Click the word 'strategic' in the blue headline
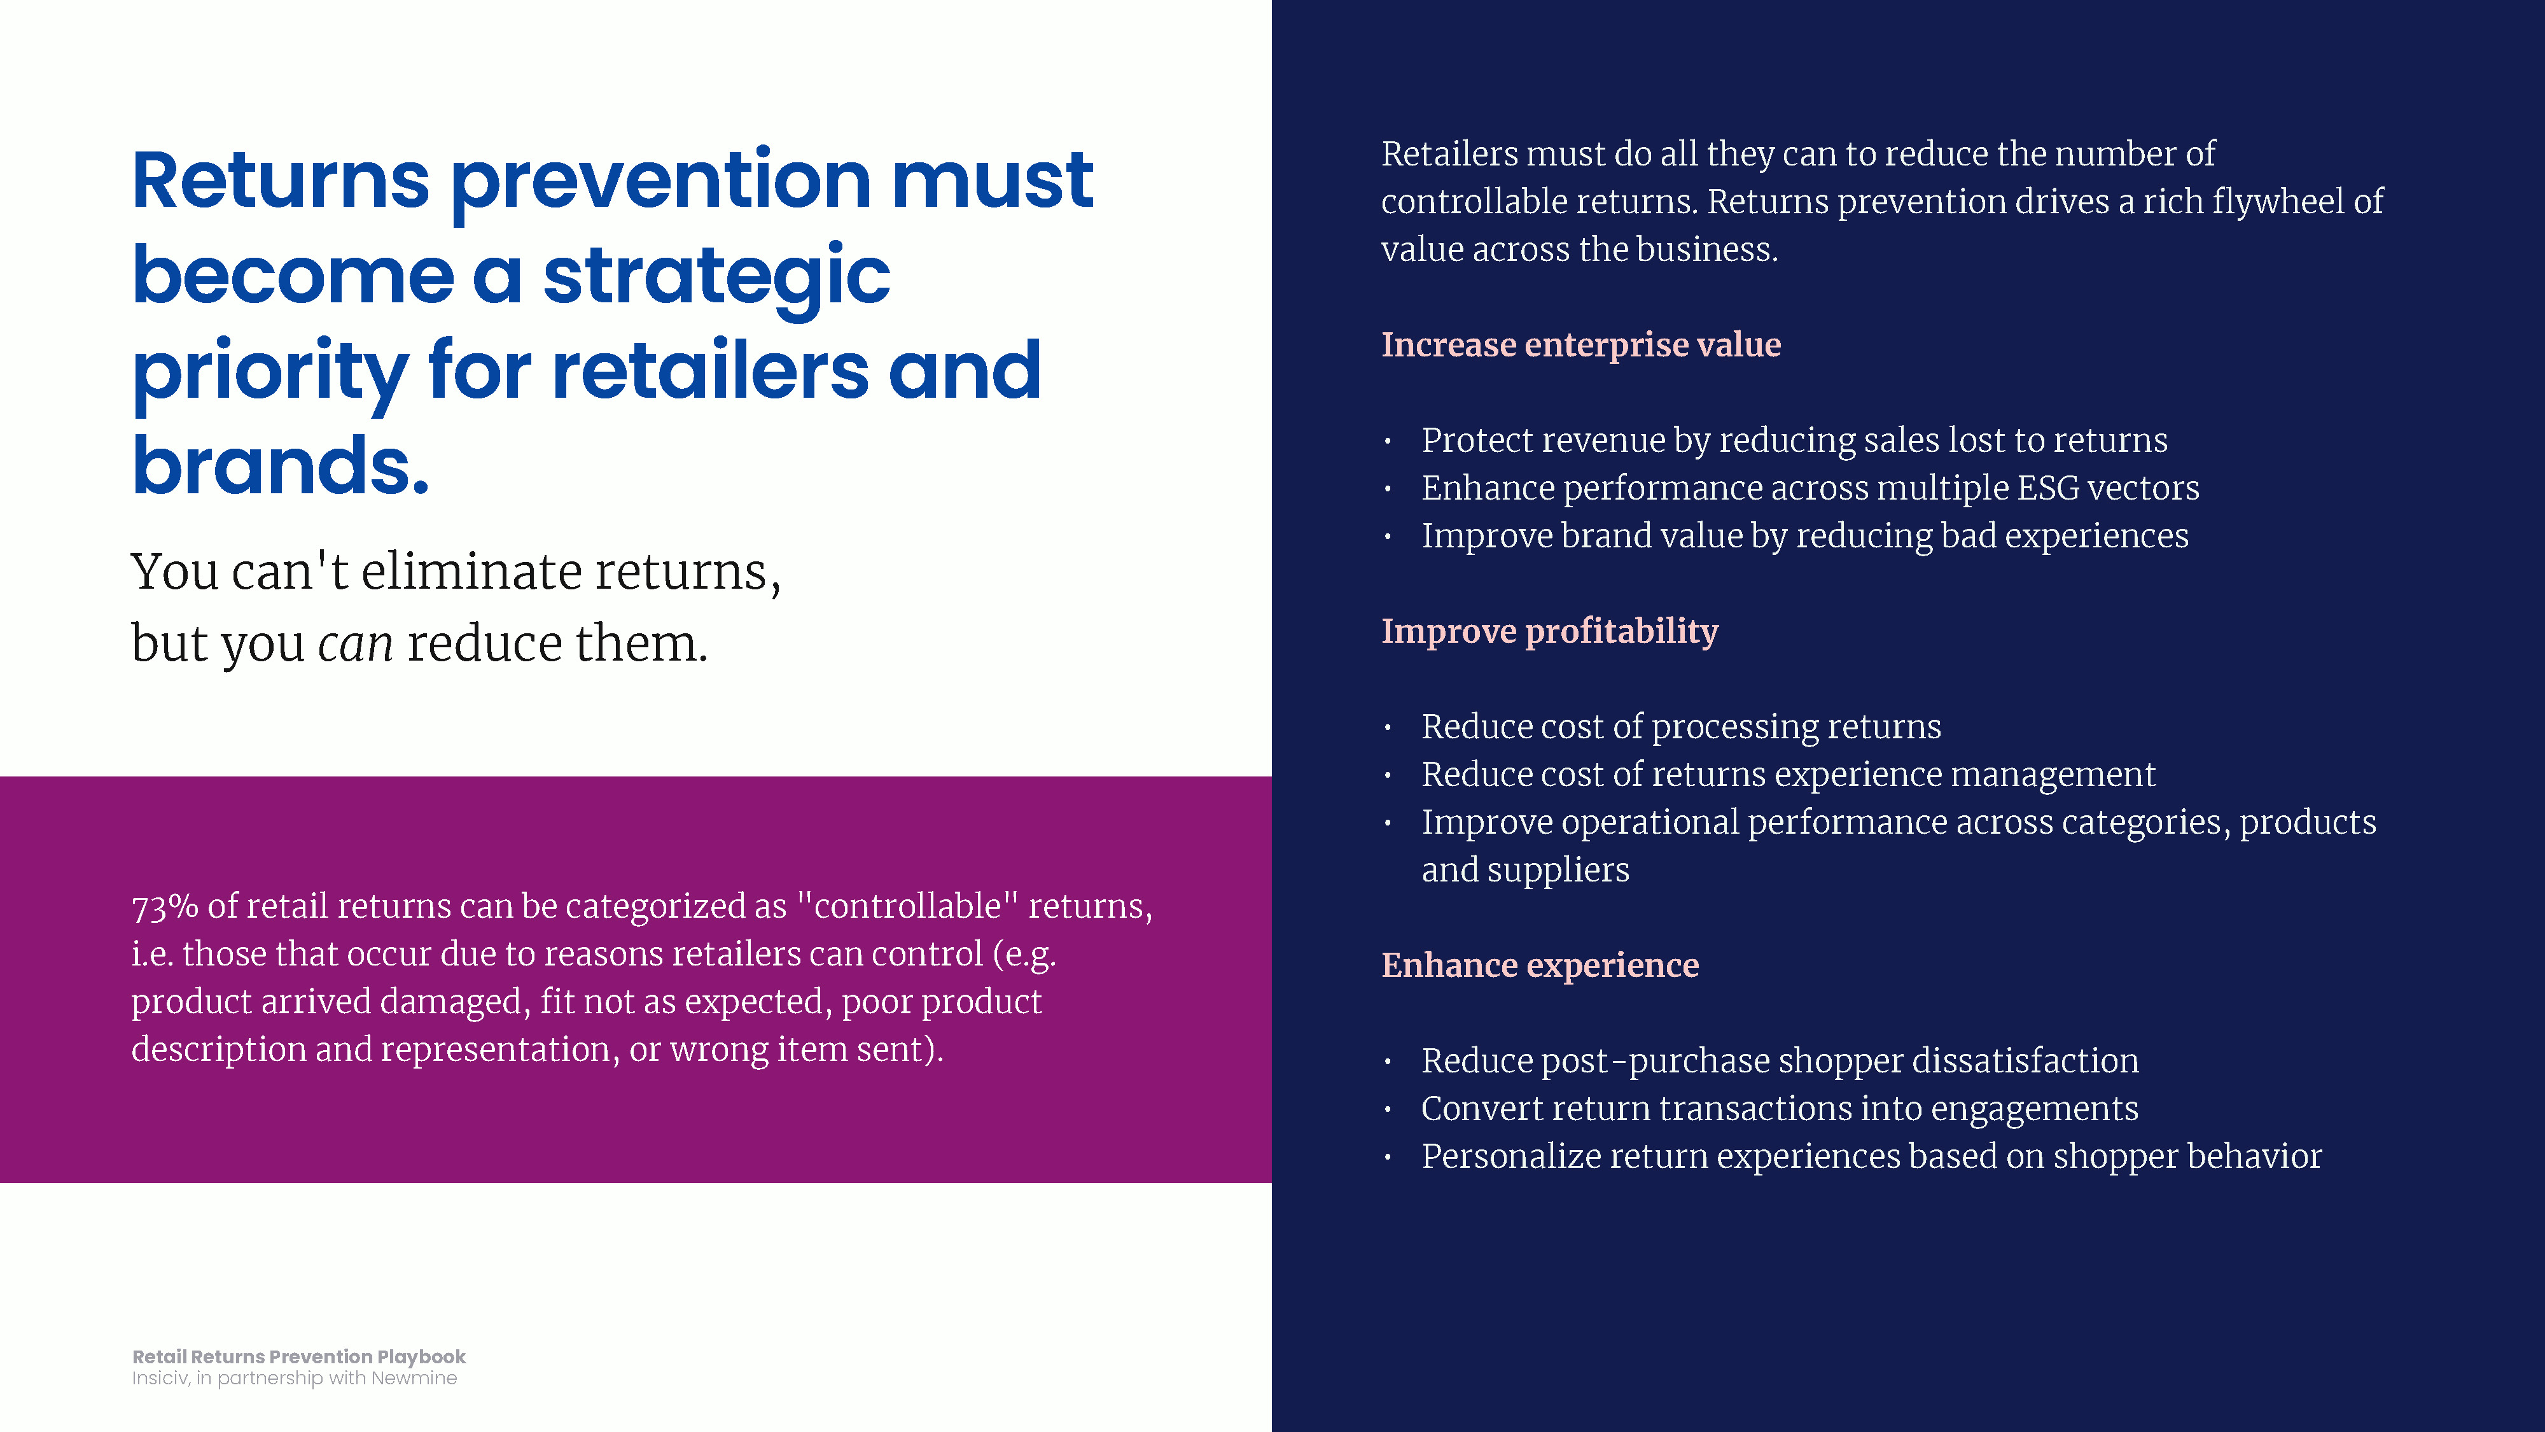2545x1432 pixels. pos(716,277)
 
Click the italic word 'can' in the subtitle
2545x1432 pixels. pos(356,644)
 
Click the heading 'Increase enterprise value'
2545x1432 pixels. pos(1580,345)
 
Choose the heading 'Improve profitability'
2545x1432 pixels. pos(1550,631)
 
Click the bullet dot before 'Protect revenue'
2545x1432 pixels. pos(1388,442)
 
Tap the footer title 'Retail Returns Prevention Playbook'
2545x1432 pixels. pos(298,1357)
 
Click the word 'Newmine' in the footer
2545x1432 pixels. pos(414,1378)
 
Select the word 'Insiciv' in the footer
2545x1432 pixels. pos(159,1378)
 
